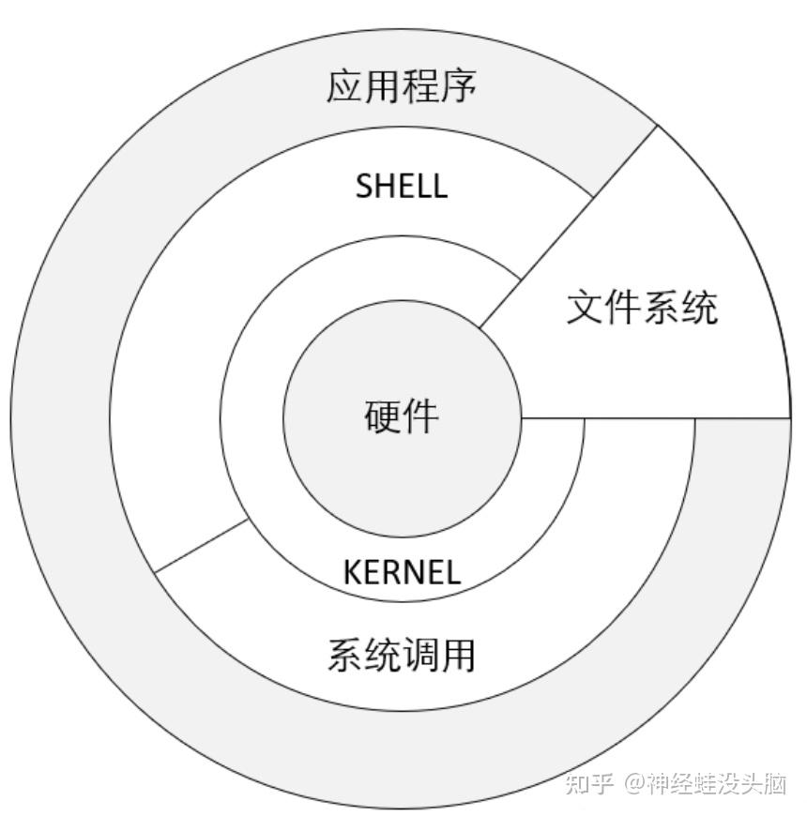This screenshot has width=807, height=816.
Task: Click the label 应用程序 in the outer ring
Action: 402,87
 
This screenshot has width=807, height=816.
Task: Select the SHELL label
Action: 402,186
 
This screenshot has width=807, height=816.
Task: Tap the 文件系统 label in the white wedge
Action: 642,307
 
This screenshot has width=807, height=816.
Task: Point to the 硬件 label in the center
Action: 401,416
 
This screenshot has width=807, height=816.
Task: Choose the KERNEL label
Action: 402,572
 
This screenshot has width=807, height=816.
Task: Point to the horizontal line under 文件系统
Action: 657,417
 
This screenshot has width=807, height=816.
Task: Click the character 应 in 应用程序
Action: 344,87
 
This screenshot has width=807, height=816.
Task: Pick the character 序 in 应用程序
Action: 459,87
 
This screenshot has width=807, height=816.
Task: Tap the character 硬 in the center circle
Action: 382,416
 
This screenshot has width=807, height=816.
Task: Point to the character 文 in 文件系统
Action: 585,307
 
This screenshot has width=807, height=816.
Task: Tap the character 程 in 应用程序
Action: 420,87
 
